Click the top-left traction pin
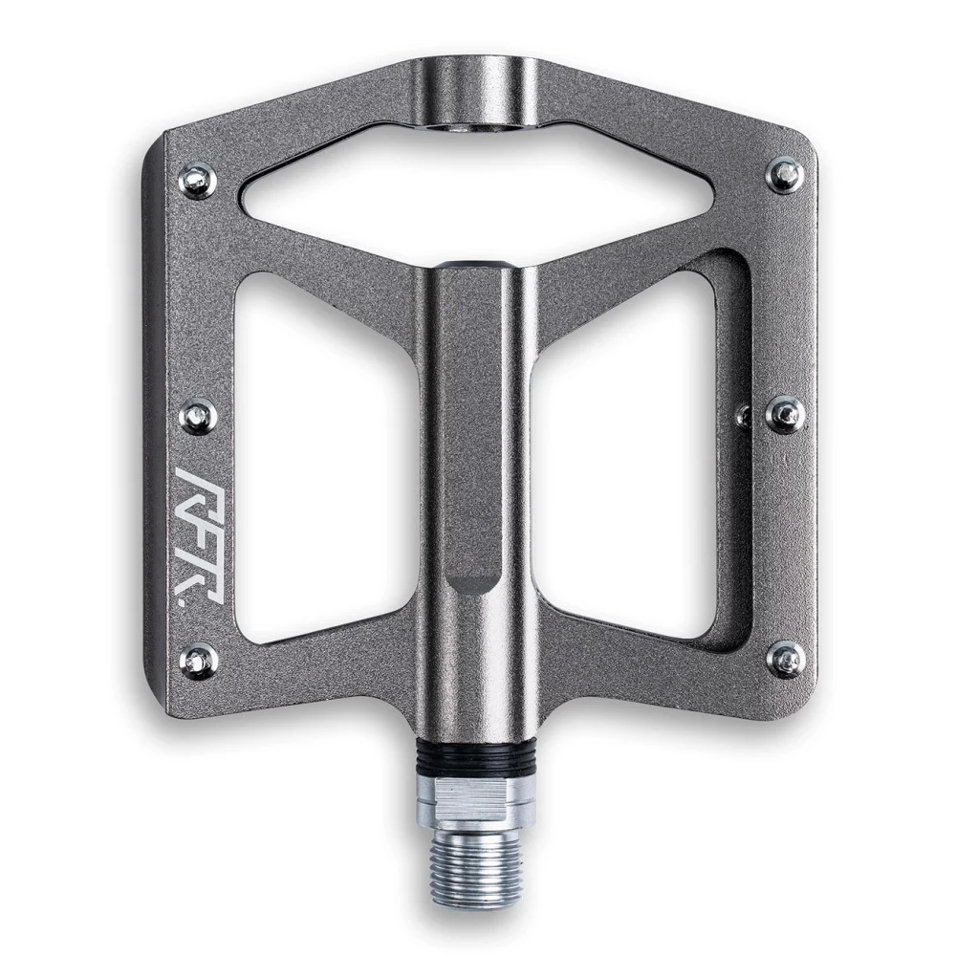[x=199, y=181]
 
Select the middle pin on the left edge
[x=199, y=416]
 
